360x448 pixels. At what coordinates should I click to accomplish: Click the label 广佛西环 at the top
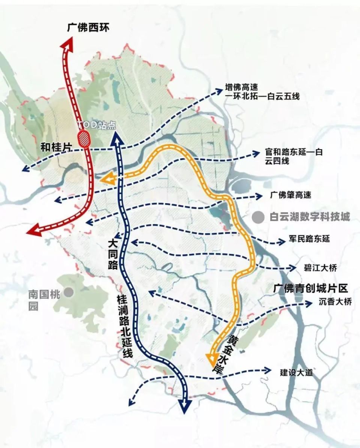88,28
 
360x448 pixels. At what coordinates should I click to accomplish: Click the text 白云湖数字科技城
310,217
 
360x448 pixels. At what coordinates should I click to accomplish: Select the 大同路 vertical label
112,255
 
